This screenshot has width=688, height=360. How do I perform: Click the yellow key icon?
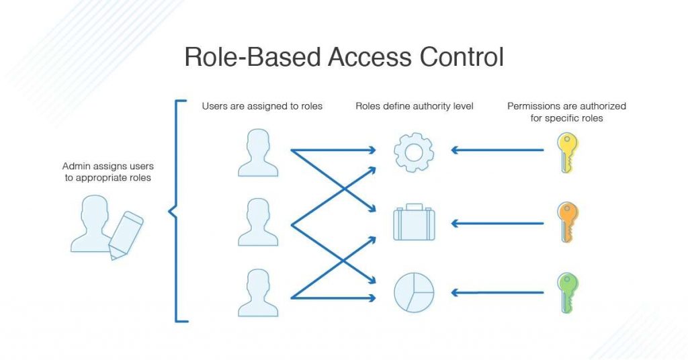click(x=567, y=152)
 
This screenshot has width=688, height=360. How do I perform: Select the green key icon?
click(x=567, y=292)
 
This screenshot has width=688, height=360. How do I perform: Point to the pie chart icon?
click(x=414, y=292)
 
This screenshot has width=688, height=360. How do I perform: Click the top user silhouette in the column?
click(x=258, y=152)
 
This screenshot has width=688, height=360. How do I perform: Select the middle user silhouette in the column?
click(x=258, y=222)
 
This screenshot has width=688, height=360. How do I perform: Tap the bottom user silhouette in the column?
click(x=258, y=293)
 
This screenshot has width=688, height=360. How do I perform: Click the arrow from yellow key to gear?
click(x=497, y=150)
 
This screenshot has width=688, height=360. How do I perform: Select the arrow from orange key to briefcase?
click(x=497, y=223)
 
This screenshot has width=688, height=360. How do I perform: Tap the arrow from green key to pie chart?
click(x=497, y=292)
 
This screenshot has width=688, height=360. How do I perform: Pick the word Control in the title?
click(x=462, y=58)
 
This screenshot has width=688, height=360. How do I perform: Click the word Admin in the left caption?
click(x=76, y=166)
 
